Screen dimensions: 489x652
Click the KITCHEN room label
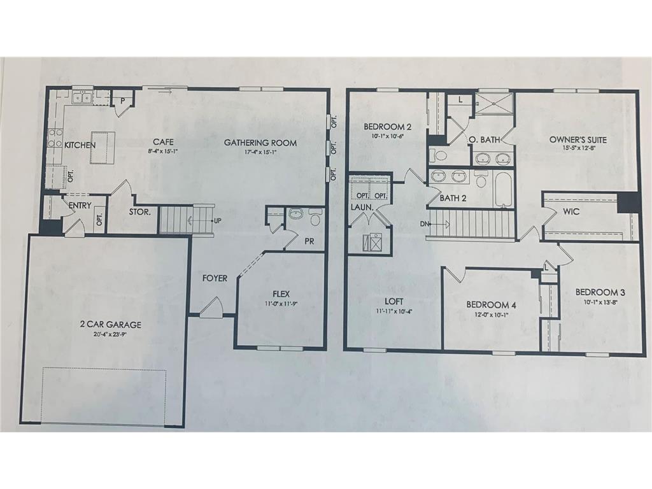(x=80, y=145)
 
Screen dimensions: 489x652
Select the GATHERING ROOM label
(x=260, y=143)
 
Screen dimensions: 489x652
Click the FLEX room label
(x=281, y=294)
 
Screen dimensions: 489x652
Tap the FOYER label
(x=215, y=278)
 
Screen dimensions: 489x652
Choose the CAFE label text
(x=159, y=142)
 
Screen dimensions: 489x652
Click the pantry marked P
(x=122, y=101)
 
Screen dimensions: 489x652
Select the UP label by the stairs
(x=218, y=222)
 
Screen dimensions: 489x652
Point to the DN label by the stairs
(x=425, y=223)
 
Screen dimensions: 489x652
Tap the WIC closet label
(x=571, y=211)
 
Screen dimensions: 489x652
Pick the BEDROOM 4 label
(x=491, y=304)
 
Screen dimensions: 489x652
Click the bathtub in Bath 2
(x=504, y=190)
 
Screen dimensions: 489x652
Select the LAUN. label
(x=357, y=207)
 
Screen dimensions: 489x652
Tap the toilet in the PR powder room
(x=315, y=218)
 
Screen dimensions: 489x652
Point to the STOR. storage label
(x=140, y=212)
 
